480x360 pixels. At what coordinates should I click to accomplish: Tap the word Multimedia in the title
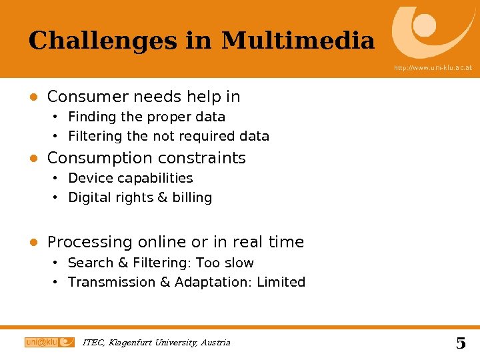pyautogui.click(x=298, y=41)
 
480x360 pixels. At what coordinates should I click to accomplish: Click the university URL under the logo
pyautogui.click(x=433, y=68)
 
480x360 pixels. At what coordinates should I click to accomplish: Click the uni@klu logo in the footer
pyautogui.click(x=49, y=342)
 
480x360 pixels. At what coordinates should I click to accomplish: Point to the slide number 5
pyautogui.click(x=461, y=343)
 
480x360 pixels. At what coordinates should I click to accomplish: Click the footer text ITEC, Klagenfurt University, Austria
pyautogui.click(x=156, y=343)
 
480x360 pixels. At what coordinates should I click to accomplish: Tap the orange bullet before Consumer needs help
pyautogui.click(x=32, y=97)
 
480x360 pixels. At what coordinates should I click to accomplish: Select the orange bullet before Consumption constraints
pyautogui.click(x=32, y=159)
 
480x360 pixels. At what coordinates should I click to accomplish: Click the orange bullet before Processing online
pyautogui.click(x=32, y=243)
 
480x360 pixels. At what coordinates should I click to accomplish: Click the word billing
pyautogui.click(x=192, y=198)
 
